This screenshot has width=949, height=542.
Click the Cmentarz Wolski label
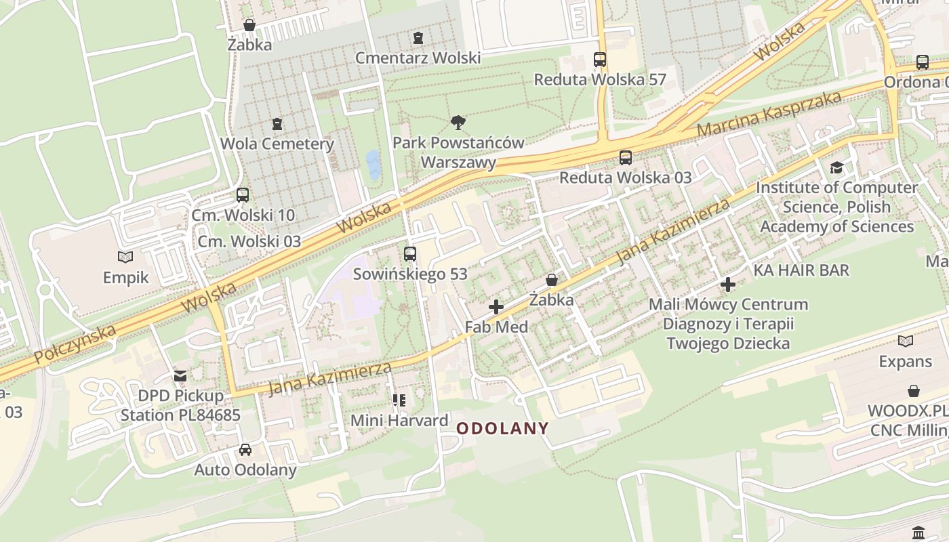418,58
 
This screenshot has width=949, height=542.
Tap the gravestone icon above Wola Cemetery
277,124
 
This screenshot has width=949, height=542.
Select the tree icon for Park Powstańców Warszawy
458,123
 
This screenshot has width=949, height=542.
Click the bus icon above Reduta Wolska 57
600,60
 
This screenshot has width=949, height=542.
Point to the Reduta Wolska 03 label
625,178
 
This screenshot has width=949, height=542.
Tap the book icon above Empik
125,257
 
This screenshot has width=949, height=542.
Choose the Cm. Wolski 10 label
243,215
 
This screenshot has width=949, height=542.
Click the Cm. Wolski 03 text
249,241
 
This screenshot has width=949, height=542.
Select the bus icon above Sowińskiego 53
410,254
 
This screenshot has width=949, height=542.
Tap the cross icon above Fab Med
496,307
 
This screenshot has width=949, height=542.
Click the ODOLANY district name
502,428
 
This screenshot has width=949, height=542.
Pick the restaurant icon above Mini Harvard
399,400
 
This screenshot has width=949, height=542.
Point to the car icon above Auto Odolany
245,450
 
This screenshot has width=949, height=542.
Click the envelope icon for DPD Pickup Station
180,375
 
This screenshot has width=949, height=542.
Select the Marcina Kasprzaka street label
769,112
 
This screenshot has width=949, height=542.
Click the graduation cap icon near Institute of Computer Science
837,167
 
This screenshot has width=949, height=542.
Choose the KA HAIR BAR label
801,270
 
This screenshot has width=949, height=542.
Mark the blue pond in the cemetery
373,165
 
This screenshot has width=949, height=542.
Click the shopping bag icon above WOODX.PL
914,391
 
